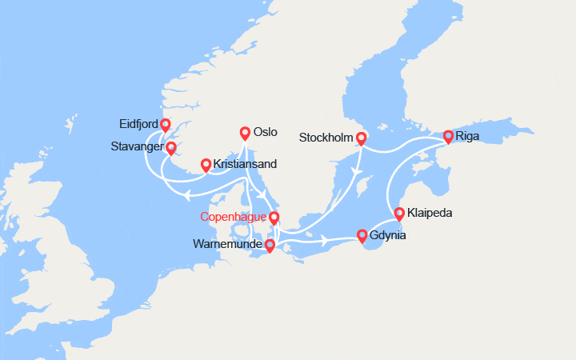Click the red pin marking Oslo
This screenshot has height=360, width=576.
pyautogui.click(x=245, y=133)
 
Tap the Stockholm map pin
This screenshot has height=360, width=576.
pyautogui.click(x=361, y=138)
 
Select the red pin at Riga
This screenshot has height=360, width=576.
pyautogui.click(x=448, y=136)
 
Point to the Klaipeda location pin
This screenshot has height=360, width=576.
pyautogui.click(x=399, y=214)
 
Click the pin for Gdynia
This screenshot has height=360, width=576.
pyautogui.click(x=362, y=235)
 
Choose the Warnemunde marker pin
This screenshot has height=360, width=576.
pyautogui.click(x=269, y=246)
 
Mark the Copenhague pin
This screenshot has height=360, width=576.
pyautogui.click(x=274, y=218)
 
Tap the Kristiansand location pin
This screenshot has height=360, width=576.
pyautogui.click(x=206, y=165)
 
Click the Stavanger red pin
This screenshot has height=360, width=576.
pyautogui.click(x=170, y=148)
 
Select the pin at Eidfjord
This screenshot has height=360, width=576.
pyautogui.click(x=166, y=125)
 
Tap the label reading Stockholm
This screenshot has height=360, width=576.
pyautogui.click(x=325, y=138)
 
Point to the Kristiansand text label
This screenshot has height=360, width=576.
pyautogui.click(x=246, y=164)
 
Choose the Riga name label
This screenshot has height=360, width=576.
pyautogui.click(x=468, y=136)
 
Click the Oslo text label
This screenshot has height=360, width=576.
pyautogui.click(x=266, y=133)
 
